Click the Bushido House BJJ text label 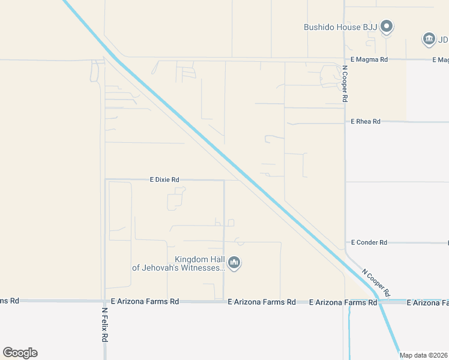[340, 27]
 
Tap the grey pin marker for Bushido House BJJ [387, 26]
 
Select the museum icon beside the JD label [429, 40]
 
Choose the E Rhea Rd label [366, 121]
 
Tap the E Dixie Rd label [164, 179]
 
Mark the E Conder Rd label [368, 242]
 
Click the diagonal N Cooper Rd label [376, 282]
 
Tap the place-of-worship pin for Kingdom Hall [235, 263]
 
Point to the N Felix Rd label [104, 325]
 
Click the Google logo [20, 353]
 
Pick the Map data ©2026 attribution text [424, 355]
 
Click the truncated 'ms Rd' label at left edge [9, 300]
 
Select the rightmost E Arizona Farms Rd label [427, 303]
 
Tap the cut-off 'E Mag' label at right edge [441, 60]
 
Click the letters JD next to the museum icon [443, 40]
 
